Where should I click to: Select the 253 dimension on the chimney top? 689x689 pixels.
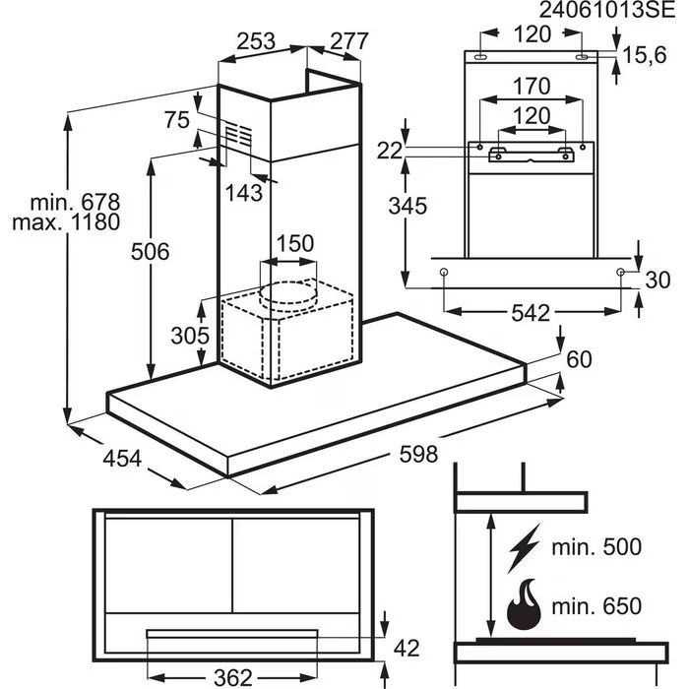click(x=255, y=41)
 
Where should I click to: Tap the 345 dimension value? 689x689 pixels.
click(x=407, y=207)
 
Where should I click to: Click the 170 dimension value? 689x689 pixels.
click(x=532, y=86)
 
